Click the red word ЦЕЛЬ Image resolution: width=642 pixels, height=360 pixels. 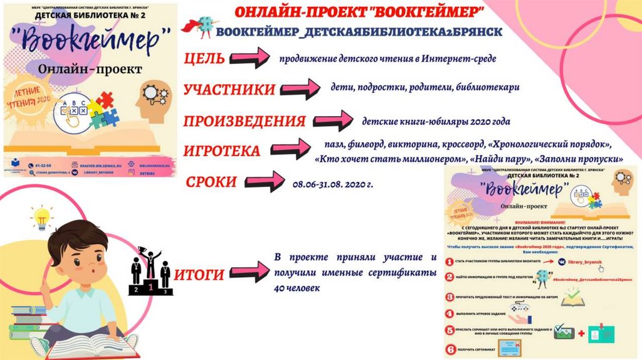point(204,60)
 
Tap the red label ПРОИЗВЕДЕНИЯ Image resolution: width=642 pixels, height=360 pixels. point(245,121)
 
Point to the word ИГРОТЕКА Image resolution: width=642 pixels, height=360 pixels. point(221,151)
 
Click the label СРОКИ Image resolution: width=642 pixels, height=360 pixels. point(211,182)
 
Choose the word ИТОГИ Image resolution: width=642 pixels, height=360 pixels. point(199,275)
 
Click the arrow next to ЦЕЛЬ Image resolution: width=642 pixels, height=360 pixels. point(249,60)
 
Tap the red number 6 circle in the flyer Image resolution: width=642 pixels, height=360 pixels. point(449,350)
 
